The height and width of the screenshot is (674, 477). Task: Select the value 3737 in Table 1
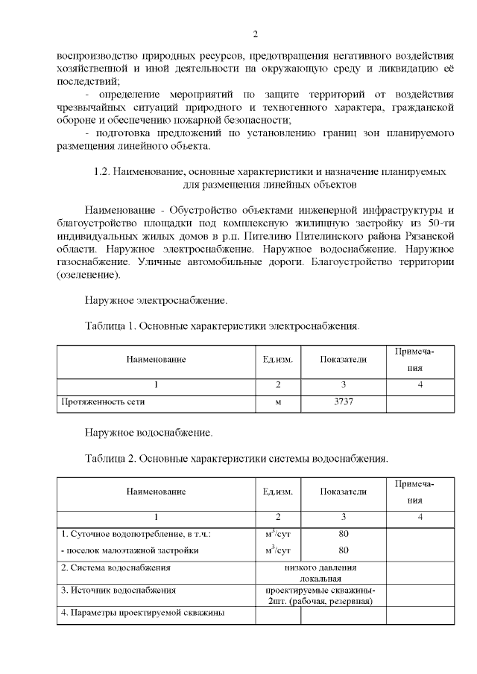[343, 401]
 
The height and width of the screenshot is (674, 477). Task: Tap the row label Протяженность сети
[102, 401]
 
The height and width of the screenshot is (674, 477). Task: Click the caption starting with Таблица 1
[222, 325]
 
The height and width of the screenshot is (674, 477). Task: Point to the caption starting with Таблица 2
[236, 457]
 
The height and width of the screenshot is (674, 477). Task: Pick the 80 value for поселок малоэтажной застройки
[343, 550]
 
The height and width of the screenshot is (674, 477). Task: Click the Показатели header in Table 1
[343, 360]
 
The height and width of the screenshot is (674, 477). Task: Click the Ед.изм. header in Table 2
[277, 492]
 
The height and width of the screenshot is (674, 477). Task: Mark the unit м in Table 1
[277, 401]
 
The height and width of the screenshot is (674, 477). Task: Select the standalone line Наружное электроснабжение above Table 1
[155, 301]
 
